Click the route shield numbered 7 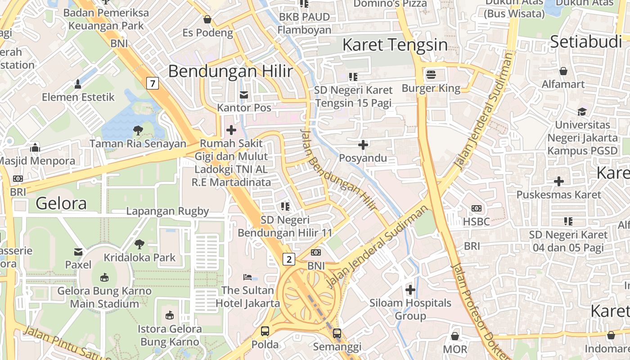click(x=153, y=83)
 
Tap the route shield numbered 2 click(x=289, y=259)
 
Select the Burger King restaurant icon click(x=431, y=74)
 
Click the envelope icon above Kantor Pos click(x=244, y=95)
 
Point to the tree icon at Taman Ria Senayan click(x=138, y=131)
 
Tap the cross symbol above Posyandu click(x=363, y=145)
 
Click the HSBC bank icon click(x=477, y=208)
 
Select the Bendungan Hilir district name click(x=230, y=71)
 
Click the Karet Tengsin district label click(x=395, y=45)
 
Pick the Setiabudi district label click(x=585, y=42)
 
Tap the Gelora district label click(x=61, y=203)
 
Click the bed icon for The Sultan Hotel click(x=247, y=277)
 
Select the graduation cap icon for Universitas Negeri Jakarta click(x=582, y=112)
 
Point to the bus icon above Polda click(x=265, y=332)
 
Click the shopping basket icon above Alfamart click(x=563, y=71)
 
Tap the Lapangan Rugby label click(x=167, y=211)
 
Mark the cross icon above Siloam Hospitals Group click(x=410, y=290)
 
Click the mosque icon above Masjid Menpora click(x=35, y=148)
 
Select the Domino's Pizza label click(x=390, y=4)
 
